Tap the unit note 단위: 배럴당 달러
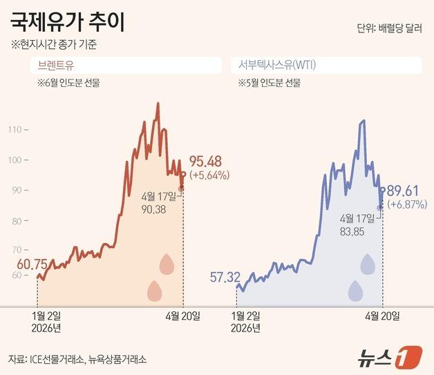[x=389, y=28]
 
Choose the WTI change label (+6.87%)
[x=407, y=204]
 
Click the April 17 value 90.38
[x=153, y=209]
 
